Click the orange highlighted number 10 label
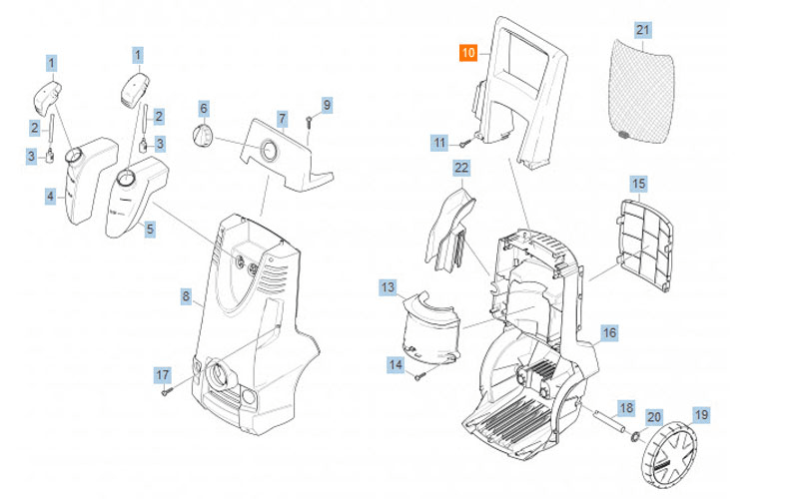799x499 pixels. click(x=468, y=53)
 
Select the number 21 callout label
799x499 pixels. click(x=643, y=31)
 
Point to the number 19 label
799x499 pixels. click(x=700, y=414)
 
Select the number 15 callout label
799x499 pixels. click(x=638, y=185)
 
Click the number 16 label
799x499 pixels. click(x=609, y=332)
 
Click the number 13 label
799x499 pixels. click(x=388, y=287)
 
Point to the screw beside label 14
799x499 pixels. click(x=421, y=375)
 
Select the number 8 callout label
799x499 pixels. click(x=186, y=296)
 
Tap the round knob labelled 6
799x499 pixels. click(x=203, y=136)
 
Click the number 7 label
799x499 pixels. click(x=283, y=119)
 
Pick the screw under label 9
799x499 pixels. click(x=312, y=122)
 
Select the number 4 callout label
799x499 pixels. click(x=50, y=197)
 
